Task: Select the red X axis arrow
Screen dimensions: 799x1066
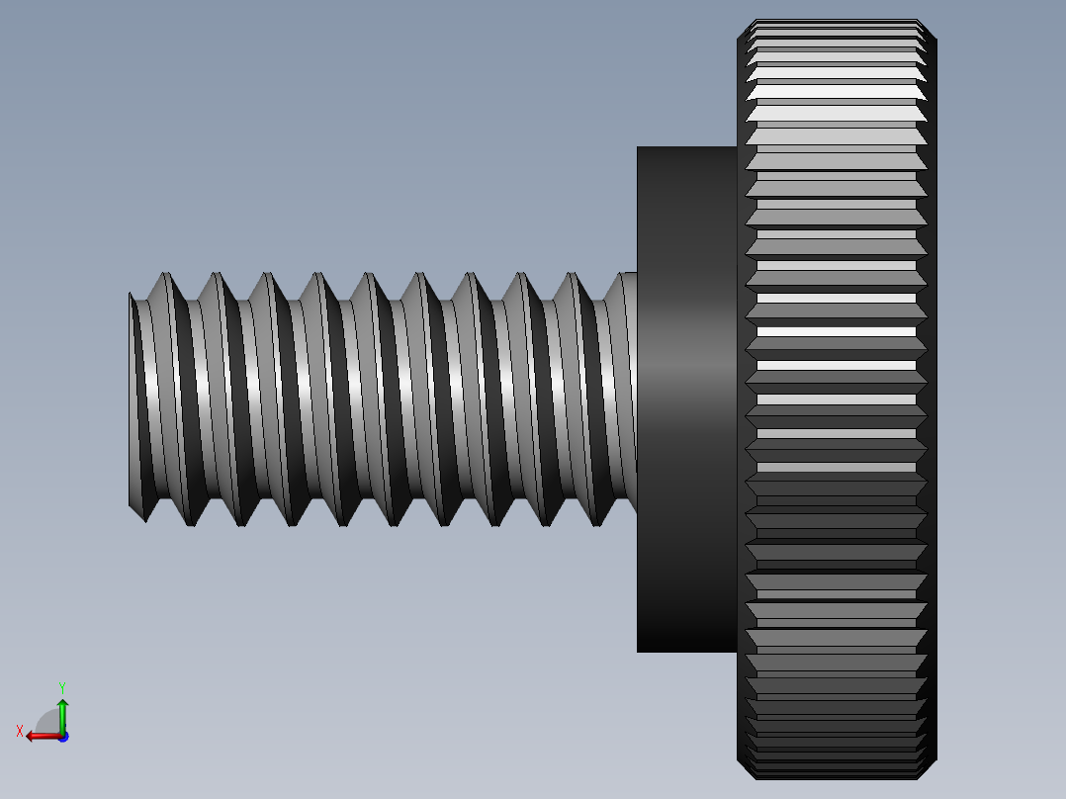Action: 40,735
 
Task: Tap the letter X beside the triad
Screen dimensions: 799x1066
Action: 20,731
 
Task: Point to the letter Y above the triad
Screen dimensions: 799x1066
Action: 61,686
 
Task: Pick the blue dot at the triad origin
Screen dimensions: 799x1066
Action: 62,736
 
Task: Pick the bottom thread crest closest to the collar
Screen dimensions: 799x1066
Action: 599,523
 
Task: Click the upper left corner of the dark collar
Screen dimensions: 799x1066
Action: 639,148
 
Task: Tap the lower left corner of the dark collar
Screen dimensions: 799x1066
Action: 639,650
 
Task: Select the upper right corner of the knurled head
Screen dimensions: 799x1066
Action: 933,40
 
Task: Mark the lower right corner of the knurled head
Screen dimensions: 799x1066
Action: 933,762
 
